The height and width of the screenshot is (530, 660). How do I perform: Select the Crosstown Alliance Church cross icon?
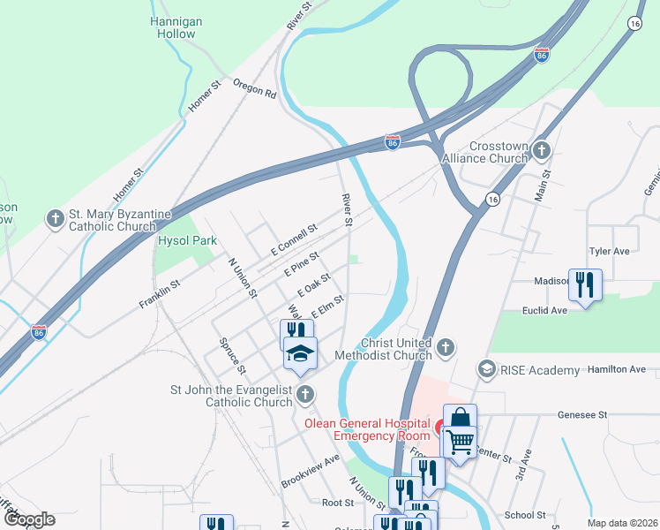click(541, 151)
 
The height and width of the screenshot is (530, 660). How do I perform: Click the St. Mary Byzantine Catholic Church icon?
click(56, 218)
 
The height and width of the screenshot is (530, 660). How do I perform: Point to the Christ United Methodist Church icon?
click(446, 347)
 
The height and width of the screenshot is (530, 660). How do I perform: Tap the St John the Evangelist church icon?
click(305, 395)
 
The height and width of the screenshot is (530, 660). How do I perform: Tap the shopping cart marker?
click(460, 440)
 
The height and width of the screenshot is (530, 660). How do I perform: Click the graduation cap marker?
click(300, 353)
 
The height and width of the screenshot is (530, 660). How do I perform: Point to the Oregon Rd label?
click(255, 89)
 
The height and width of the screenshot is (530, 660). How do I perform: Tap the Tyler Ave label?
click(609, 251)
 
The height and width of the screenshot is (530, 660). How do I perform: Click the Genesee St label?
click(583, 414)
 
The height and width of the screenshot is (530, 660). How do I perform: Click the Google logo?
click(28, 519)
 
